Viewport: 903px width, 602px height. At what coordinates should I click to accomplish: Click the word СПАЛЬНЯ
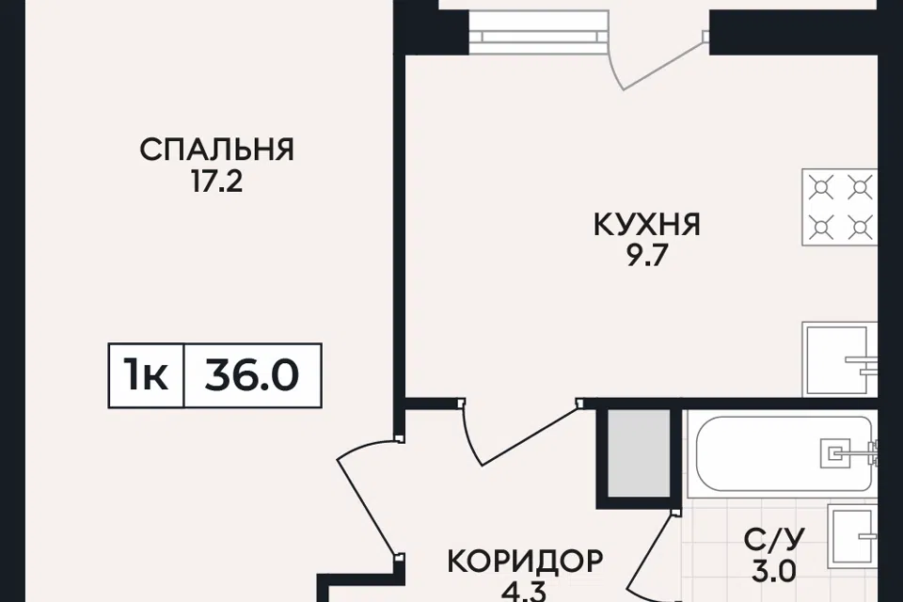(x=217, y=150)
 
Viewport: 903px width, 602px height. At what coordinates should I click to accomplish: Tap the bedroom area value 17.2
(x=217, y=182)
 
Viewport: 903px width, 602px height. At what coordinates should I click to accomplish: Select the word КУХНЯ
(x=647, y=225)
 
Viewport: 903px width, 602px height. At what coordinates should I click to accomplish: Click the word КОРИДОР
(x=525, y=561)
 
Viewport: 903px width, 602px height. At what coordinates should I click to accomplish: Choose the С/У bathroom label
(x=774, y=540)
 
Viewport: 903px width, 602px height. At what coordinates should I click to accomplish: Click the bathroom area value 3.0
(x=774, y=572)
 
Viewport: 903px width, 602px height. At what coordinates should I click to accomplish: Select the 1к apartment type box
(x=147, y=375)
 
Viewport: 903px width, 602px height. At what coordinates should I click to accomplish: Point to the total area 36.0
(x=252, y=375)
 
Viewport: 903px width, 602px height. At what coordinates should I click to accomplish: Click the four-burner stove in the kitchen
(x=840, y=207)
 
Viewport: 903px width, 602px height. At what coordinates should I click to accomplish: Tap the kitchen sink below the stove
(x=840, y=359)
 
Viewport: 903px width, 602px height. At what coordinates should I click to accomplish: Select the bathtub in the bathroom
(x=785, y=454)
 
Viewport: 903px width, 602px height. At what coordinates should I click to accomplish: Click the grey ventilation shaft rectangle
(x=640, y=452)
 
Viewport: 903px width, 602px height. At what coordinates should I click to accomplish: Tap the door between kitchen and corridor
(x=519, y=431)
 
